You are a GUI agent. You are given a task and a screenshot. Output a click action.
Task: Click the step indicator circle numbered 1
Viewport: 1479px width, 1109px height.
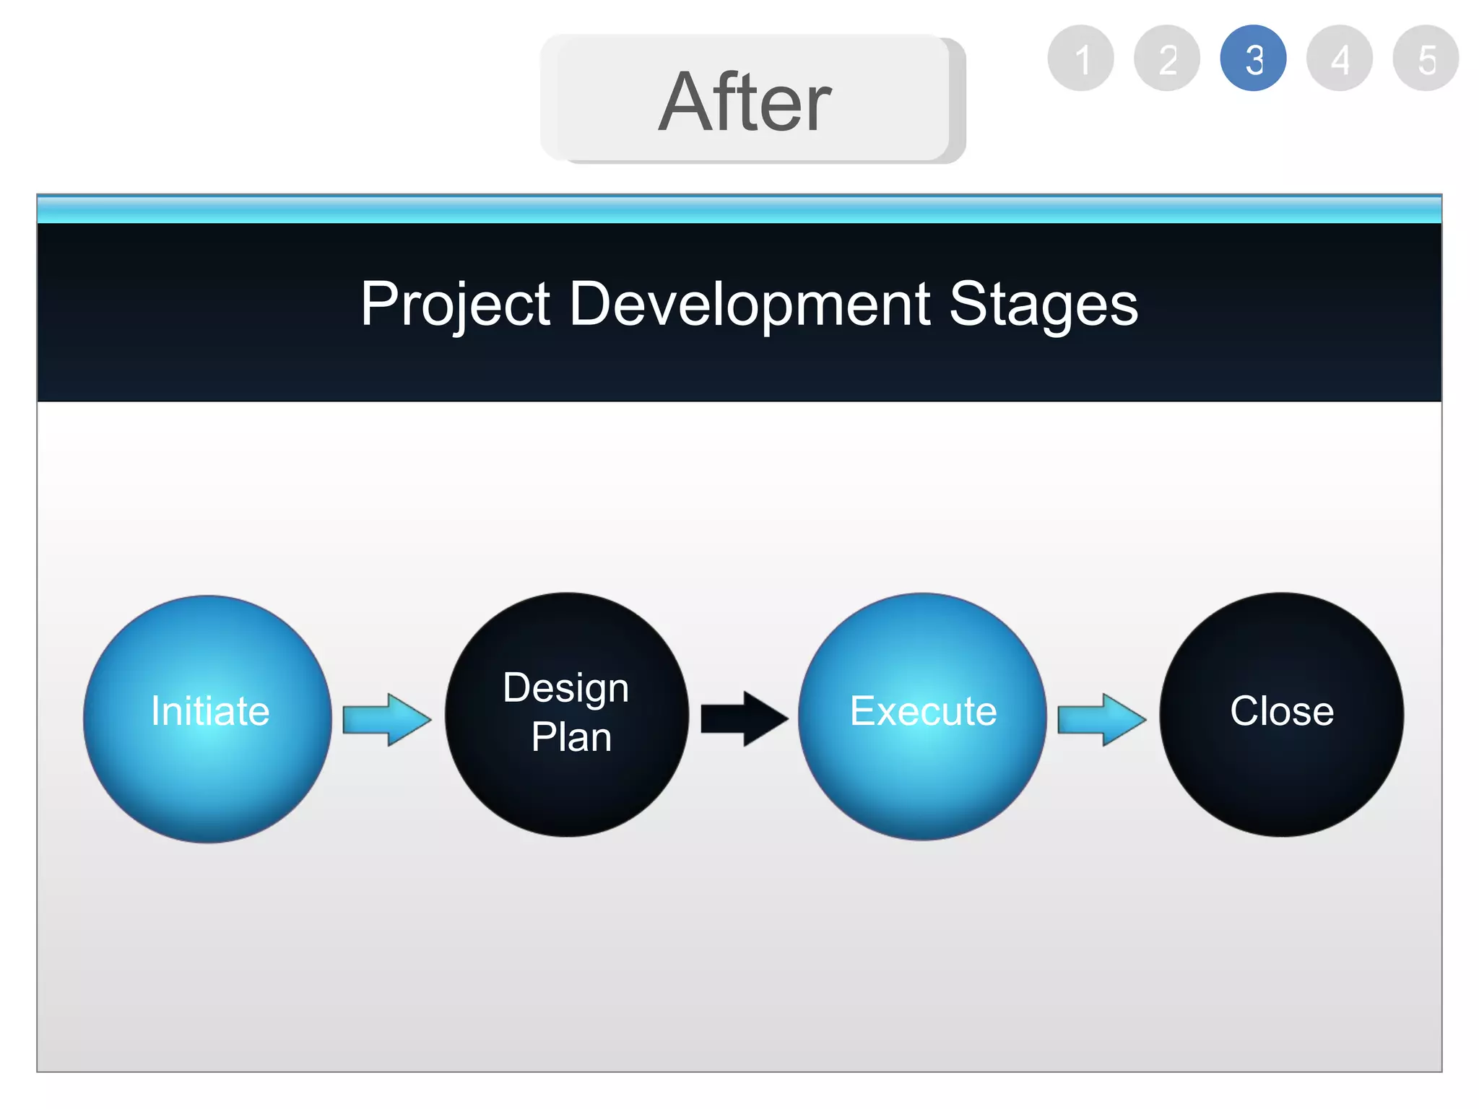1080,58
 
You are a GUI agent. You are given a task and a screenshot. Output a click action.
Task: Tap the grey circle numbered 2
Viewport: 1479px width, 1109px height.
1167,58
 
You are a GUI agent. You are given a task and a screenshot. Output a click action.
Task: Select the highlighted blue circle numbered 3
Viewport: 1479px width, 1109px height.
1253,58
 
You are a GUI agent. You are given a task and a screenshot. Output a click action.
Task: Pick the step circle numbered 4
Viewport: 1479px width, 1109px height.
1340,58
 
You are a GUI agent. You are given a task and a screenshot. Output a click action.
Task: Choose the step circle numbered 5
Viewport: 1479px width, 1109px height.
1426,58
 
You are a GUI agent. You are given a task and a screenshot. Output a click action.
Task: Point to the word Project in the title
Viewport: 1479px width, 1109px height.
455,305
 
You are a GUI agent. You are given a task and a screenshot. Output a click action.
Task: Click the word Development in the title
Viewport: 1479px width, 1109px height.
750,305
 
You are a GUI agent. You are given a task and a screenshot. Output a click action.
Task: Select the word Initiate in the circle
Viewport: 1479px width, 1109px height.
210,711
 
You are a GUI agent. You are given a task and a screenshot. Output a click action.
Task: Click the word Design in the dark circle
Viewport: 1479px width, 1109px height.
565,688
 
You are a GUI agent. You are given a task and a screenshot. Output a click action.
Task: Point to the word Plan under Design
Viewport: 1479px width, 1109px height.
571,737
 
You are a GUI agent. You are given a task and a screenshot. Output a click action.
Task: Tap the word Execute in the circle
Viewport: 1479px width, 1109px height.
923,711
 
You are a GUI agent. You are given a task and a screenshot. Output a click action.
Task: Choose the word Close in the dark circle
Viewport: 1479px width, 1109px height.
1281,711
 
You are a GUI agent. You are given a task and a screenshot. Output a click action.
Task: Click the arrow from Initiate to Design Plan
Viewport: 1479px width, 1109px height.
386,719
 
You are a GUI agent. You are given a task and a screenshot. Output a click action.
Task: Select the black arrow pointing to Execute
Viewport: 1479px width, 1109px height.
744,718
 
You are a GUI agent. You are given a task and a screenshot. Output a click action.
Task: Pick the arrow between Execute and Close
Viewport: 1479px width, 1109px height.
1101,719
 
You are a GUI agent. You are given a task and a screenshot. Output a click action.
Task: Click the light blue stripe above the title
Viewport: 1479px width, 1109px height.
739,210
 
